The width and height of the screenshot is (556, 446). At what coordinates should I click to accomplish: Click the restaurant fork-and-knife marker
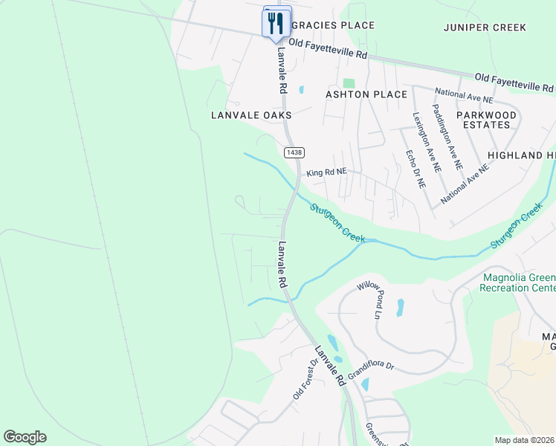(276, 22)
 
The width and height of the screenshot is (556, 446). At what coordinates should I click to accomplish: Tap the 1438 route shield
(294, 152)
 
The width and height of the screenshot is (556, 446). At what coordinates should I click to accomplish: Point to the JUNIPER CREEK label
(485, 28)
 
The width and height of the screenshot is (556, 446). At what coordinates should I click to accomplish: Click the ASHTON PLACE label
(366, 94)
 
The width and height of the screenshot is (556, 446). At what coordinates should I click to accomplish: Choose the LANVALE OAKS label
(251, 115)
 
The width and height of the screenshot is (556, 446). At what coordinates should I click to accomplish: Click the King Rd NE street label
(326, 172)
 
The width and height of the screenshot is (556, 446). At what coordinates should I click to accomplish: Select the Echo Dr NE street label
(415, 169)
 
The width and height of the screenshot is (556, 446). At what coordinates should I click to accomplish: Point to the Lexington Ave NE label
(427, 143)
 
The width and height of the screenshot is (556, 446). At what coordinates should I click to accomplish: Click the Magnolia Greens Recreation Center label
(519, 282)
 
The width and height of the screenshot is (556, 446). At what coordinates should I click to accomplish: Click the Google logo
(25, 437)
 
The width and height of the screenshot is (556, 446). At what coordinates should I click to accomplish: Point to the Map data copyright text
(524, 440)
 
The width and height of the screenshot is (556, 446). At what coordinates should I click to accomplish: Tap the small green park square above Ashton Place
(349, 83)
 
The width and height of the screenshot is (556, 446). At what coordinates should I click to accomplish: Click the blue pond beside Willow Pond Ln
(401, 307)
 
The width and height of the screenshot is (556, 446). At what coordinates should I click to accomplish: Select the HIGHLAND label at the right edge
(521, 155)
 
